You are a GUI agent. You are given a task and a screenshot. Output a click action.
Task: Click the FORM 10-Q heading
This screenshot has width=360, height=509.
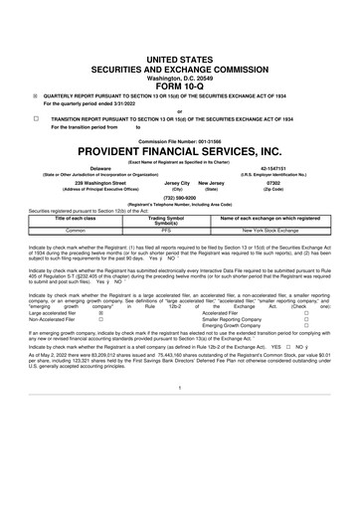(179, 58)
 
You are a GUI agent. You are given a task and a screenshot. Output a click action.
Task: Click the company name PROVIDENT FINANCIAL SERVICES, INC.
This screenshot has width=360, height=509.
(179, 157)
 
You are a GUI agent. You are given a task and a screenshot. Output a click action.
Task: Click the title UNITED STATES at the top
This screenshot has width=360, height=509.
(179, 34)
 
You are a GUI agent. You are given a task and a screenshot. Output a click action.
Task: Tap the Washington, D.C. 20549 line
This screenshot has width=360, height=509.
(179, 50)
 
